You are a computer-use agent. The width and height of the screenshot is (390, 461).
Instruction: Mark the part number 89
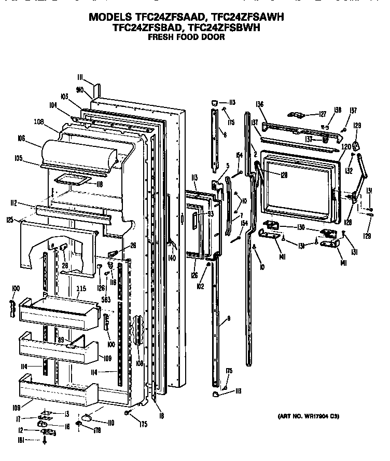pos(61,340)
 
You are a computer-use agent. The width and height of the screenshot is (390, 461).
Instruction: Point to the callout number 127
pos(322,114)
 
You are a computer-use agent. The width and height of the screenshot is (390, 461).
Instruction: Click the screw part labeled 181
pos(45,441)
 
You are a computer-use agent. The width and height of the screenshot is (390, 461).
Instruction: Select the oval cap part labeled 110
pos(86,417)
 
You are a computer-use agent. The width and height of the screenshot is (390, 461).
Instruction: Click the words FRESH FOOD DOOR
pos(186,37)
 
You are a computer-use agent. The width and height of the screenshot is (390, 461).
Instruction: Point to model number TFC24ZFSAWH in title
pos(244,17)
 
